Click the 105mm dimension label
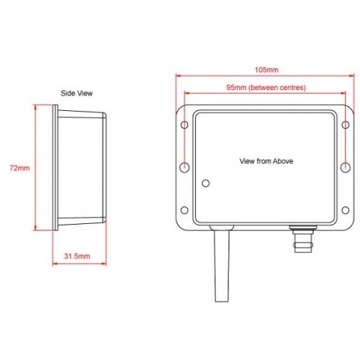[266, 70]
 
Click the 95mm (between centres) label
[266, 87]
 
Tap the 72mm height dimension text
[19, 168]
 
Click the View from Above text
[266, 162]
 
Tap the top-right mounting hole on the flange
[346, 125]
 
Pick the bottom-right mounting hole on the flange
[346, 210]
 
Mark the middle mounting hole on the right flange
[346, 167]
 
